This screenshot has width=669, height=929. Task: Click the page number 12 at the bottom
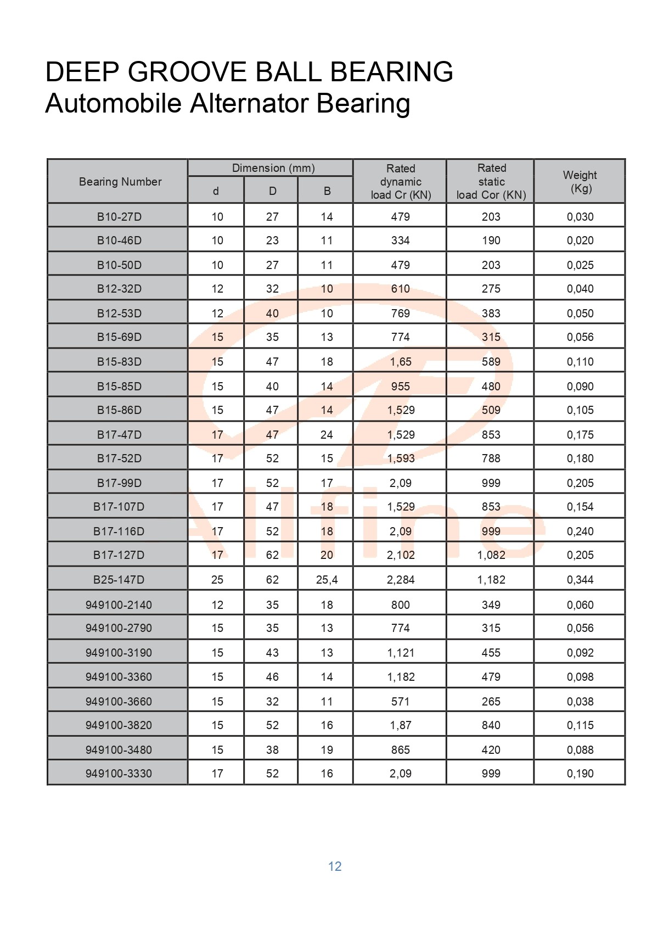tap(335, 866)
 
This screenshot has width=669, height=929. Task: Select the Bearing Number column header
tap(120, 182)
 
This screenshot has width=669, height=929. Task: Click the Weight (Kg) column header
tap(580, 182)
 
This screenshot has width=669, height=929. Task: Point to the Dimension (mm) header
tap(273, 168)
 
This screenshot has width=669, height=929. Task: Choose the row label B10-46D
tap(119, 240)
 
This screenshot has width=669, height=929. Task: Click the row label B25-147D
tap(119, 580)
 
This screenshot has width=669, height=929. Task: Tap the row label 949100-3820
tap(119, 725)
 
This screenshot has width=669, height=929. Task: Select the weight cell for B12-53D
tap(580, 314)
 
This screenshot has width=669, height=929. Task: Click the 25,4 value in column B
tap(327, 580)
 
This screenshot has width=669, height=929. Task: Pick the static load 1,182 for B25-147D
tap(491, 580)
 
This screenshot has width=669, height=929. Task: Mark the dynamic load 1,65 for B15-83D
tap(401, 362)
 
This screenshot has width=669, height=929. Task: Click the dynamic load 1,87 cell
tap(401, 725)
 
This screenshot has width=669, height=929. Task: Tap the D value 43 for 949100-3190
tap(272, 653)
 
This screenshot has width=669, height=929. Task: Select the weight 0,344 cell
tap(580, 580)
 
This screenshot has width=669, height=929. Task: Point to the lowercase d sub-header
tap(216, 191)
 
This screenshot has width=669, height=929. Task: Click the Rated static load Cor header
tap(491, 182)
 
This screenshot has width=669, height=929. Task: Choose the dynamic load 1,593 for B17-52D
tap(401, 458)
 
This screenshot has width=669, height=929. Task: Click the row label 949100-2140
tap(119, 605)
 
